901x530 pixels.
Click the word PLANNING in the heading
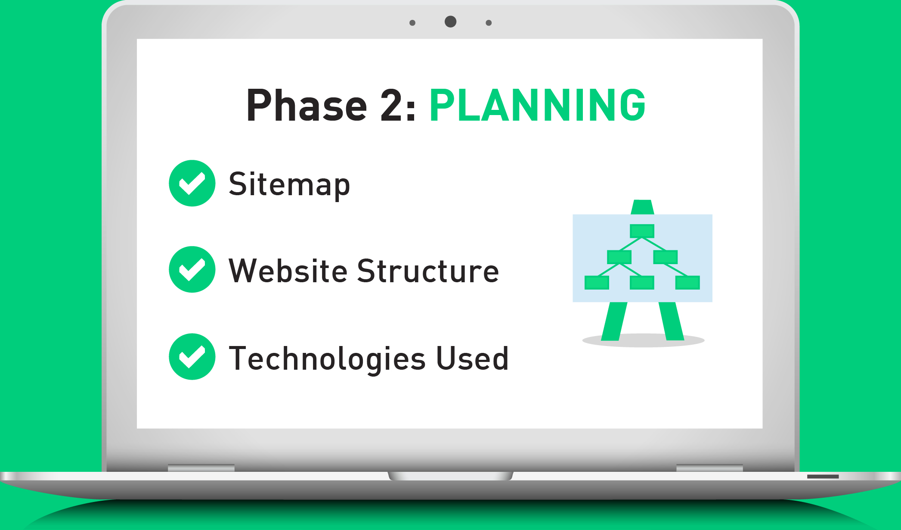537,105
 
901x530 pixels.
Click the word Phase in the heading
307,105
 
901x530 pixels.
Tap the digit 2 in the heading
392,105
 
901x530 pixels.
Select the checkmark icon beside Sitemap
192,183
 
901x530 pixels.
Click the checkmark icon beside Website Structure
192,269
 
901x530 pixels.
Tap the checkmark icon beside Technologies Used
192,356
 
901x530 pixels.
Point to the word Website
288,271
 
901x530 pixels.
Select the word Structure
428,271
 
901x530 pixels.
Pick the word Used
472,358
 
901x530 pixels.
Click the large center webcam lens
450,22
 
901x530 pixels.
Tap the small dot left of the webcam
412,23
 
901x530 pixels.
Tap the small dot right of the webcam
489,23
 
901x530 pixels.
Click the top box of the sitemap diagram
642,231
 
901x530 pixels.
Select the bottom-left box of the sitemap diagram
597,283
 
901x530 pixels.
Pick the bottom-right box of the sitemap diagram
687,283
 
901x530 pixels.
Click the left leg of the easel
614,321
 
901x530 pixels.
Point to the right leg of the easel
671,321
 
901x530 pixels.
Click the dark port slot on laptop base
823,477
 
